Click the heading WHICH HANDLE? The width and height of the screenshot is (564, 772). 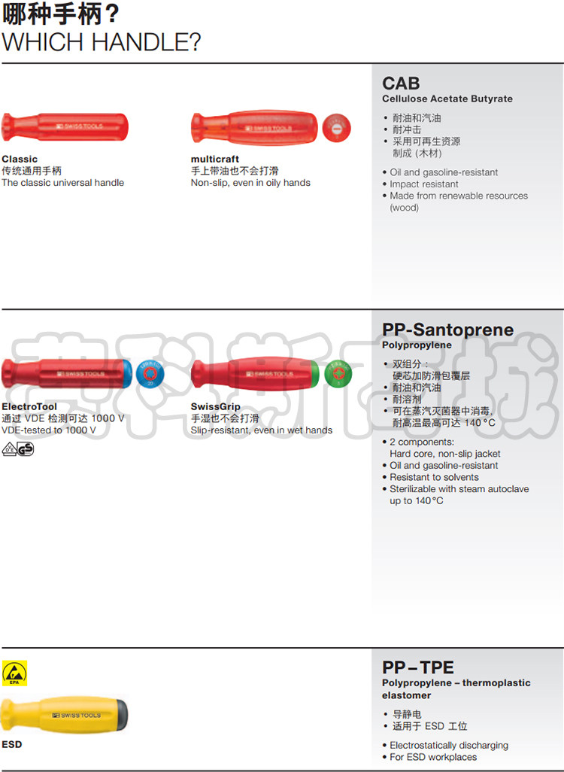click(x=102, y=41)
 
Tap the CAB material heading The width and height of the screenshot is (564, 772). click(x=401, y=83)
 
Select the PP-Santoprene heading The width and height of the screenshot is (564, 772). click(x=447, y=330)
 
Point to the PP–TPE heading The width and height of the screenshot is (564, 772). click(x=418, y=667)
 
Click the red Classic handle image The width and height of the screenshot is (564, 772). click(x=65, y=126)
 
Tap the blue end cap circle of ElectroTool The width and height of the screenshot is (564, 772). click(x=150, y=374)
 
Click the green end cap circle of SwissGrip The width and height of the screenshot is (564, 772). click(x=338, y=374)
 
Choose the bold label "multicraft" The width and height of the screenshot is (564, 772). click(x=215, y=160)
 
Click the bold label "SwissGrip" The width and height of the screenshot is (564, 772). click(x=216, y=407)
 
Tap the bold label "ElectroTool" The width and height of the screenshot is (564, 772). click(x=29, y=407)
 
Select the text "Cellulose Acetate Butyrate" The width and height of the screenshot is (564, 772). click(x=447, y=99)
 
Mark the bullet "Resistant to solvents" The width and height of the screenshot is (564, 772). click(x=434, y=477)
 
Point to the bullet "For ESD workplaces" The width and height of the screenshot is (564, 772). click(x=433, y=757)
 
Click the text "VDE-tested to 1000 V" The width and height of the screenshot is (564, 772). click(x=49, y=430)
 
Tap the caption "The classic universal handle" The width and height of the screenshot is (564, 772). click(x=63, y=183)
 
